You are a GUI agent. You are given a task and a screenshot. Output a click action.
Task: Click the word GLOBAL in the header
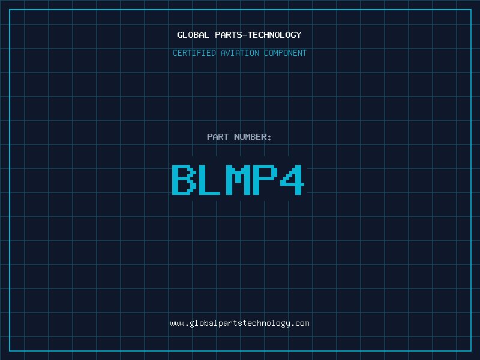pyautogui.click(x=193, y=35)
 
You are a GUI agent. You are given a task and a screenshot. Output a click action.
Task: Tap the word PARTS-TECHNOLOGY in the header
pyautogui.click(x=257, y=35)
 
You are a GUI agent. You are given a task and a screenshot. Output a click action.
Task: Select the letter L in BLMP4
pyautogui.click(x=211, y=179)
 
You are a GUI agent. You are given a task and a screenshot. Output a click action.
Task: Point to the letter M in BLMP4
pyautogui.click(x=238, y=179)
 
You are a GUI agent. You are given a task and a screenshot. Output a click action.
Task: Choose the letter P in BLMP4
pyautogui.click(x=266, y=179)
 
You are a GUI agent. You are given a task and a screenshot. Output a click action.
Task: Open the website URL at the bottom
pyautogui.click(x=239, y=323)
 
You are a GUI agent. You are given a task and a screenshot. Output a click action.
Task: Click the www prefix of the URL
pyautogui.click(x=177, y=323)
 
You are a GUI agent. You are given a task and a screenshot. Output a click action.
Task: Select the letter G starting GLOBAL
pyautogui.click(x=180, y=35)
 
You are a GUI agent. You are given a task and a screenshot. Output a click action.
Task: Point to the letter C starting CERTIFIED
pyautogui.click(x=175, y=53)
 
